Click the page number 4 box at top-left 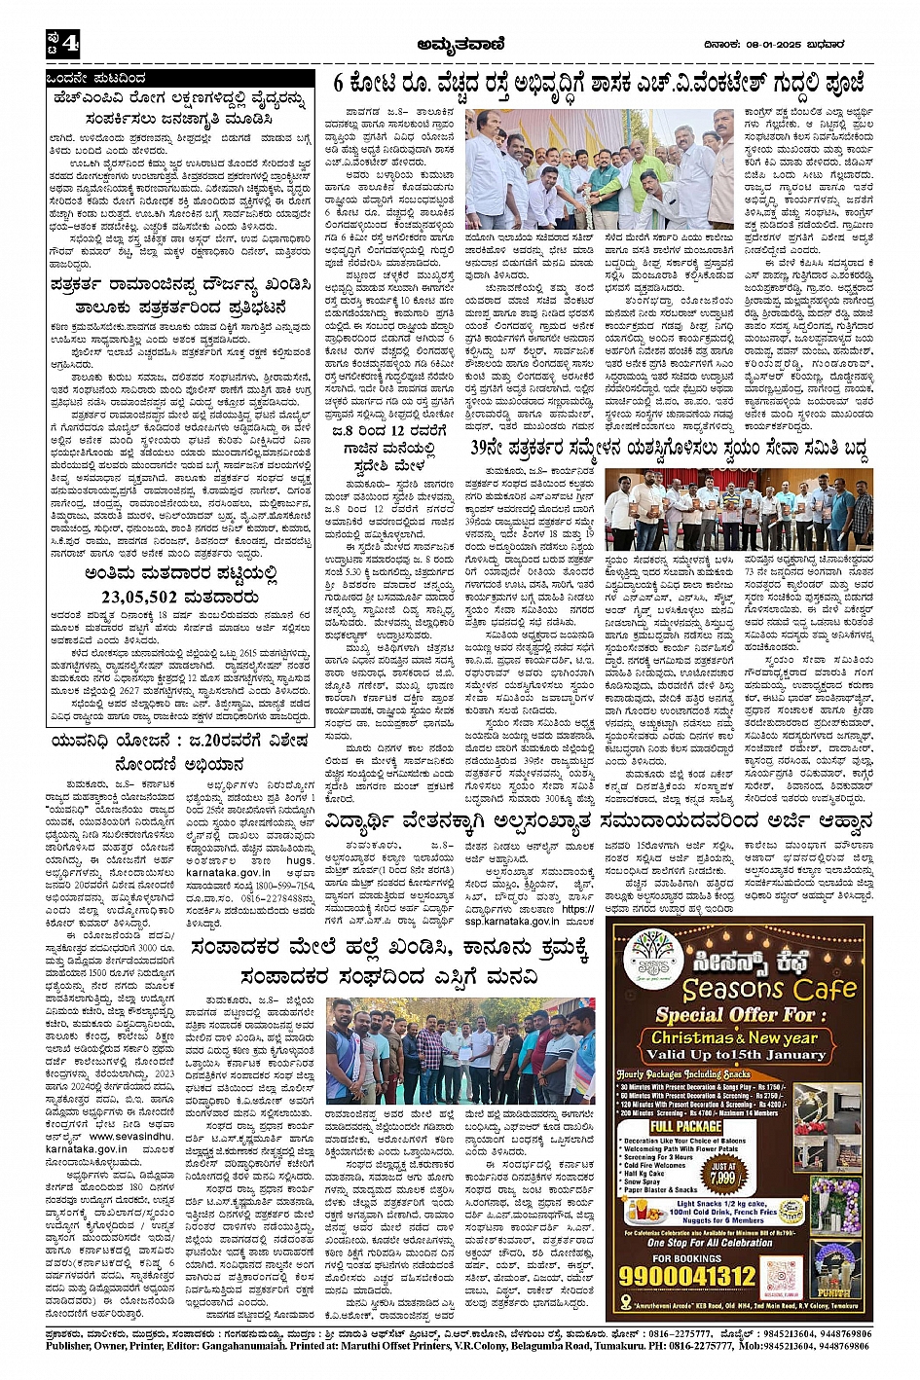pos(60,43)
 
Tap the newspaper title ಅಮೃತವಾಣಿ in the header pos(459,43)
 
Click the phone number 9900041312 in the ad pos(689,1276)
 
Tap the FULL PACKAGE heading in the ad pos(686,1126)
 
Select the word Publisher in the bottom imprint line pos(75,1346)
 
